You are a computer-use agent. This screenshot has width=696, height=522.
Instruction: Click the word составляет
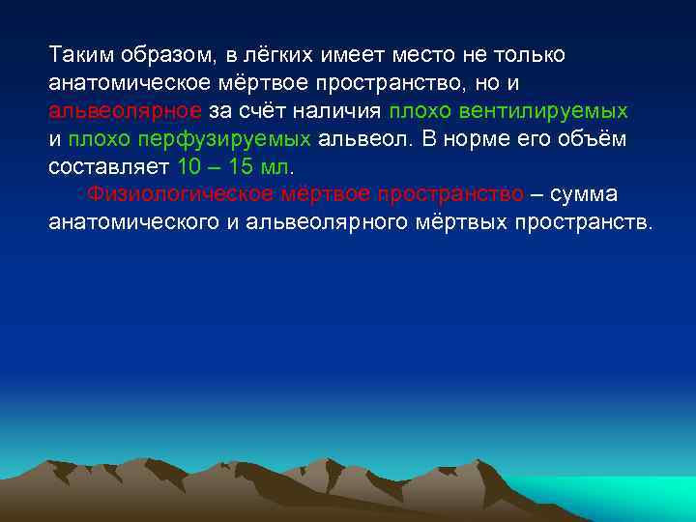click(x=109, y=166)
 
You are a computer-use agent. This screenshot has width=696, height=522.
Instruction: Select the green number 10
click(x=192, y=166)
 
